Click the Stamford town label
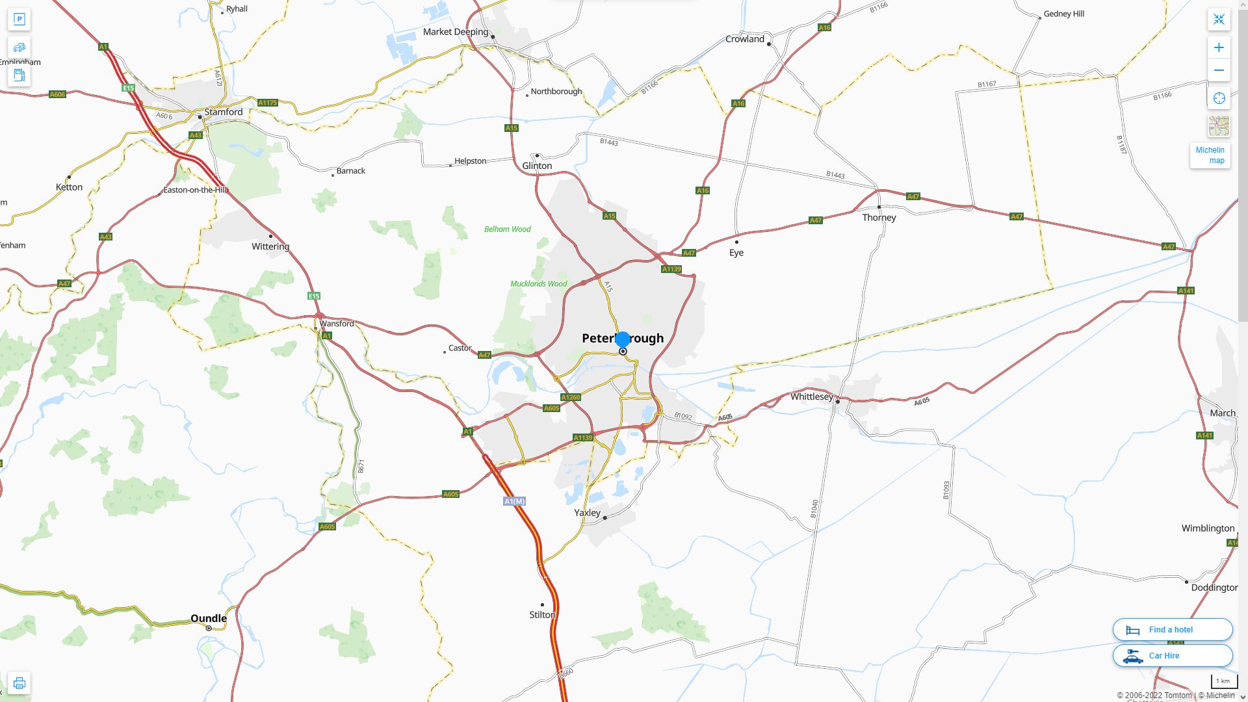[x=223, y=112]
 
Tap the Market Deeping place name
[x=455, y=32]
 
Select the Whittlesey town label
[x=811, y=396]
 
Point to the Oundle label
[x=209, y=618]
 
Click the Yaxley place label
[x=587, y=513]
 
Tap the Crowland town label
[x=744, y=39]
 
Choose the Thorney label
[x=879, y=218]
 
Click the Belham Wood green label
[x=507, y=229]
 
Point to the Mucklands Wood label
[x=538, y=284]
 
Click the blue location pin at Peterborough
[x=623, y=339]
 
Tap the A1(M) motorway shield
[x=514, y=501]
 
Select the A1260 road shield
[x=570, y=397]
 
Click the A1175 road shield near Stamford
[x=267, y=103]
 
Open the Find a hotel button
[x=1172, y=629]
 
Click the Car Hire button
[x=1172, y=655]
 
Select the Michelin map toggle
[x=1210, y=155]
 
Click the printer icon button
[x=19, y=683]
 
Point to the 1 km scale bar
[x=1223, y=681]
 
